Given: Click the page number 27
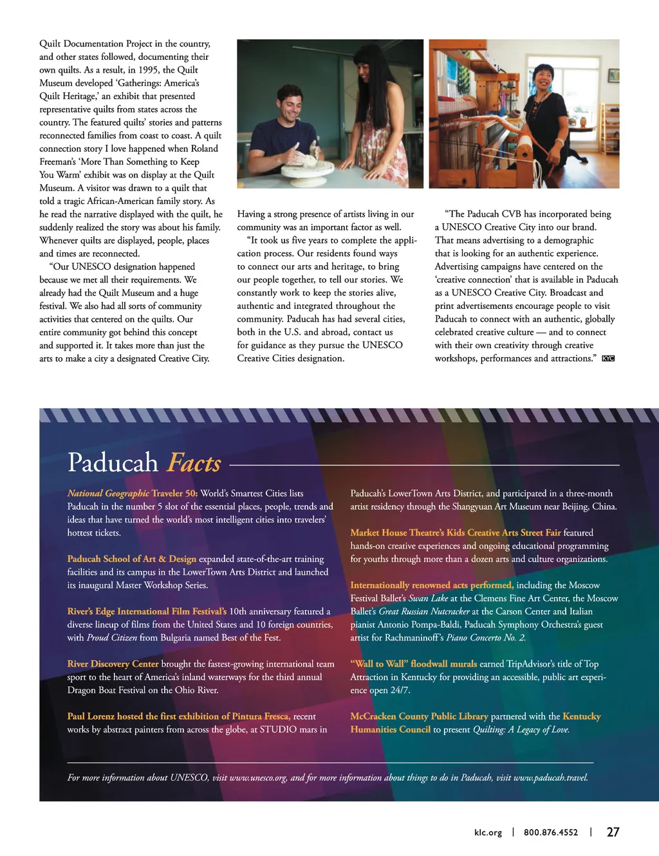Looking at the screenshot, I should click(613, 832).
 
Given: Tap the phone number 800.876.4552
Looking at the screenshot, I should click(550, 832).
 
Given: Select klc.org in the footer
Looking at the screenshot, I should click(488, 832).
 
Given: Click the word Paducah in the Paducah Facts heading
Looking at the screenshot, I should click(113, 463).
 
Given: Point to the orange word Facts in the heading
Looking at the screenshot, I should click(194, 463).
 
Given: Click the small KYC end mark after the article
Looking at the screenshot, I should click(608, 358).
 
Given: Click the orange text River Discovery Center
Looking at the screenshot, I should click(113, 664).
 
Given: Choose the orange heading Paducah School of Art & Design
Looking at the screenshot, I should click(131, 559).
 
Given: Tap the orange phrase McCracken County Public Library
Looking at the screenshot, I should click(419, 716).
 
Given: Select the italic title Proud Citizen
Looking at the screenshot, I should click(111, 637).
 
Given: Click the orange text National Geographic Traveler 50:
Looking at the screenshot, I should click(132, 493).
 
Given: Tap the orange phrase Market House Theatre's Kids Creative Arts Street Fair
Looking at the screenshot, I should click(455, 532).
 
